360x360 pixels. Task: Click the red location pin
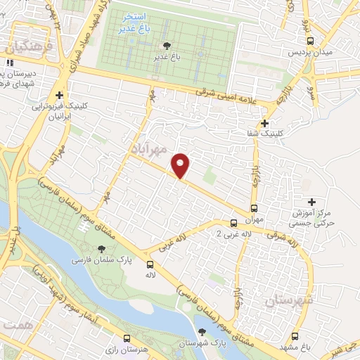pos(181,165)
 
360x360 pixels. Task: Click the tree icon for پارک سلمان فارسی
pos(101,249)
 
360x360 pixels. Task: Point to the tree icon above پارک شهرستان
pos(202,333)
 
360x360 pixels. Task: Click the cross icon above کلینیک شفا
pos(264,122)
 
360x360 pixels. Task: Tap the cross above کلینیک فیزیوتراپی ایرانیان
pos(59,96)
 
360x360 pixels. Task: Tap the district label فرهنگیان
pos(18,48)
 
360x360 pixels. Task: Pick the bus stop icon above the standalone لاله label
pos(150,264)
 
